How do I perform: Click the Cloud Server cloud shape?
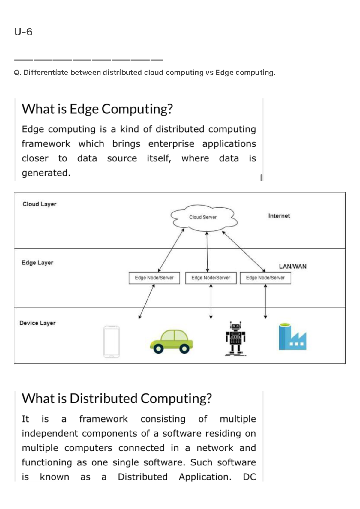[203, 218]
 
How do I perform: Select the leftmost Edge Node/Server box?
[154, 278]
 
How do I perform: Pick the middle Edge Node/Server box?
[211, 278]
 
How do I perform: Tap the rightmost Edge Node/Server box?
[265, 278]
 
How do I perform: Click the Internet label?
[279, 216]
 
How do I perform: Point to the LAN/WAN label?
[292, 266]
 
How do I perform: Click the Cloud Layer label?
[39, 204]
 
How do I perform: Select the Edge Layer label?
[37, 263]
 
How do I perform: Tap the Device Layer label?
[37, 323]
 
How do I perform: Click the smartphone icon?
[112, 342]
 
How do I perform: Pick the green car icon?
[172, 342]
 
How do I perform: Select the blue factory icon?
[292, 337]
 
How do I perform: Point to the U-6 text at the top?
[23, 32]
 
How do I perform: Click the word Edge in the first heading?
[84, 109]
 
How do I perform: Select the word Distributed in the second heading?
[103, 399]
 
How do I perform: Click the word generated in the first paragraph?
[46, 173]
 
